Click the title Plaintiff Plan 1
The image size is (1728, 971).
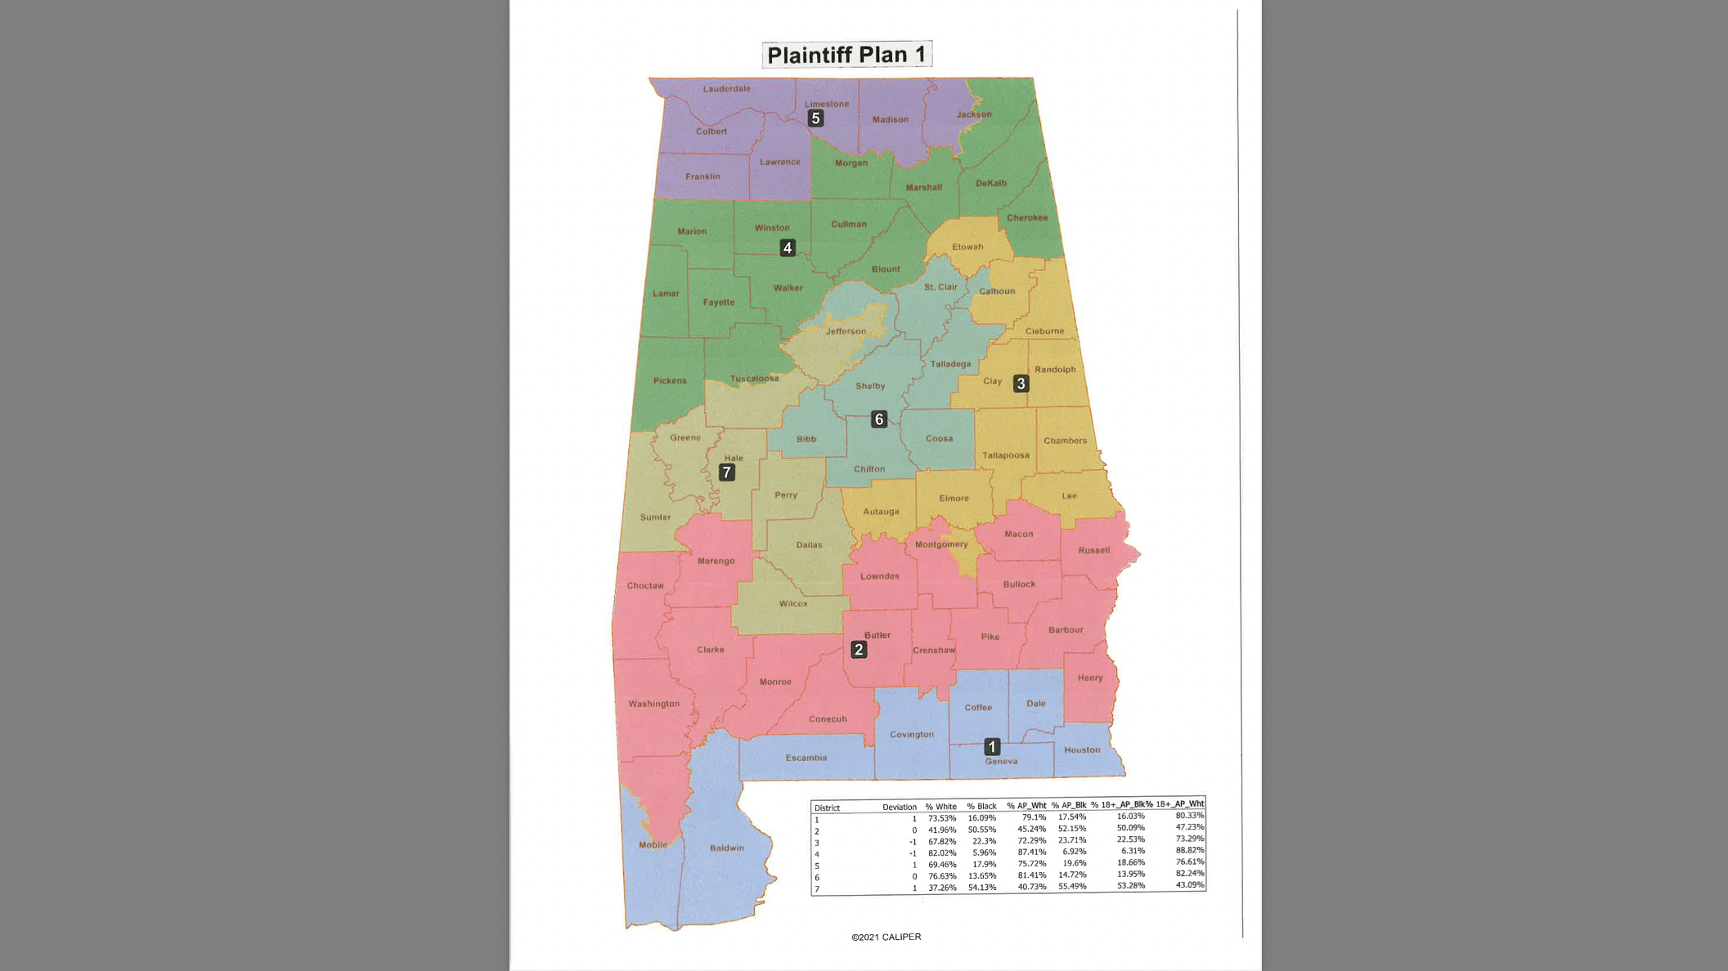coord(846,55)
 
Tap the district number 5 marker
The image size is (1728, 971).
coord(815,119)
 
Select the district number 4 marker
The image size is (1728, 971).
coord(788,248)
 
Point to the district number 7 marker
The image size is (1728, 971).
coord(726,472)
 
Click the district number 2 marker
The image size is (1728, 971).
coord(858,650)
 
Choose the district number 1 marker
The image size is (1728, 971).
coord(992,746)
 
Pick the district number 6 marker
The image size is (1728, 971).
coord(879,419)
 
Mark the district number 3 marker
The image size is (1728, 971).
coord(1021,383)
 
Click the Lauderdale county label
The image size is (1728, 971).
coord(726,89)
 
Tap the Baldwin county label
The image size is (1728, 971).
coord(726,848)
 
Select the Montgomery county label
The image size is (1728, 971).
coord(941,544)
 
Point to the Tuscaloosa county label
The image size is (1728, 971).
coord(754,378)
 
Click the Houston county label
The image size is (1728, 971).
coord(1082,750)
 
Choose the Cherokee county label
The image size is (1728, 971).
coord(1027,217)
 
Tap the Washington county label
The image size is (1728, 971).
coord(653,704)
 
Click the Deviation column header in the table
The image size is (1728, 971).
coord(899,807)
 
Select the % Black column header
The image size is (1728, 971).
coord(981,807)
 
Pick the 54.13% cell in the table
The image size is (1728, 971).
coord(981,888)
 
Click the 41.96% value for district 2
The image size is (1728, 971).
coord(941,830)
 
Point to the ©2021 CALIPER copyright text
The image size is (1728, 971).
coord(886,937)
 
